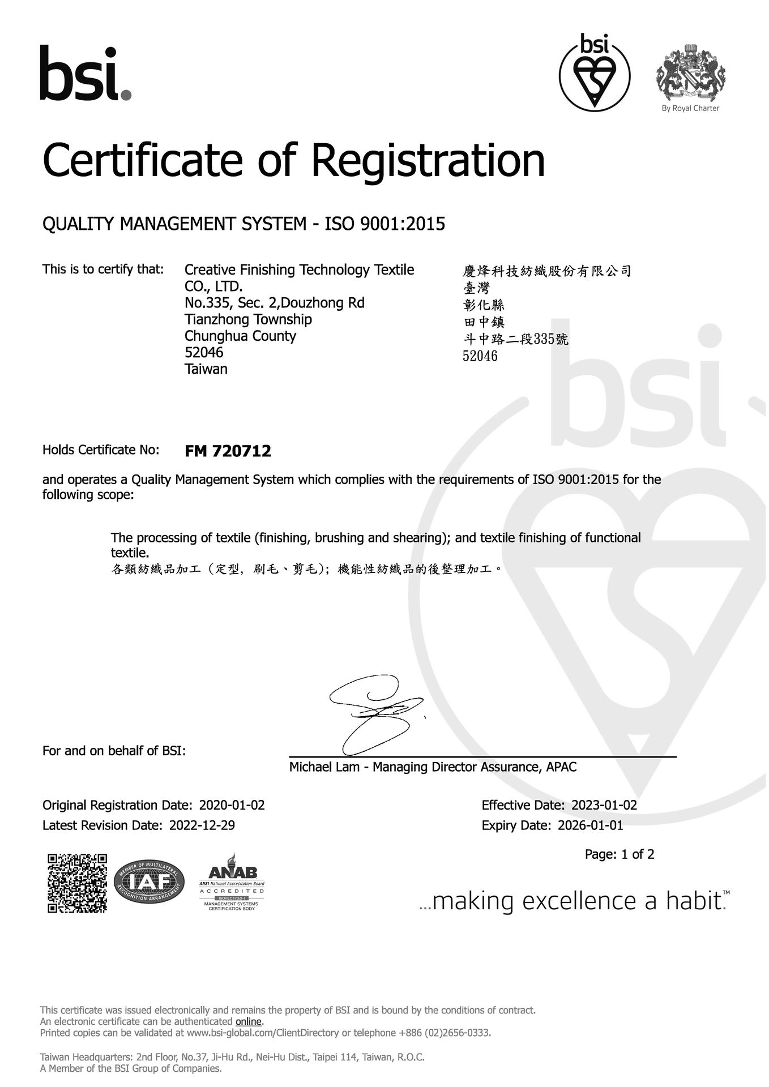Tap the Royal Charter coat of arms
[x=690, y=71]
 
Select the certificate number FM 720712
[x=228, y=451]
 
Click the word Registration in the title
[x=428, y=160]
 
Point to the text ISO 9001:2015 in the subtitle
[x=384, y=224]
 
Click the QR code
[x=77, y=883]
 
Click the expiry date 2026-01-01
[x=590, y=825]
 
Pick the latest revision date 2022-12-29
[x=202, y=825]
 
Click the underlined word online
[x=249, y=1021]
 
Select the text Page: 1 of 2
[x=619, y=854]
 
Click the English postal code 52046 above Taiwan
[x=204, y=353]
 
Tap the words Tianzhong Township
[x=248, y=320]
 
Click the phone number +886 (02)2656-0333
[x=445, y=1033]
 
